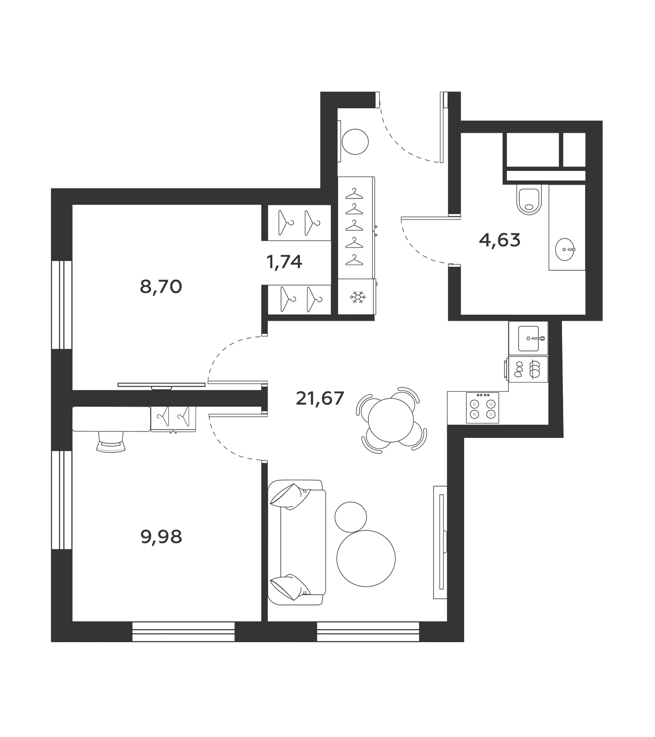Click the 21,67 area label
319,398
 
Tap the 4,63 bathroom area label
499,240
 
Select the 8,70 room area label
161,287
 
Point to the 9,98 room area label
161,537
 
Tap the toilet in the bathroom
529,199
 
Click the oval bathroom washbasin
565,249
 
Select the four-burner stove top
483,407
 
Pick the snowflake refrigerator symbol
357,297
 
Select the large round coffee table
366,558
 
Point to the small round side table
351,517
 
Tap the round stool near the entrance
355,142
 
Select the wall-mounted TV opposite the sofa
441,542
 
